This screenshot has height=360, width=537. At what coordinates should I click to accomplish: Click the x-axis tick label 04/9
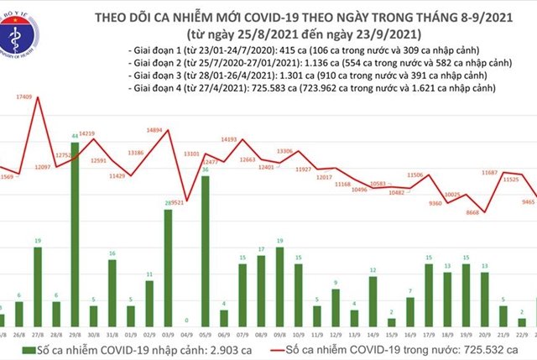pyautogui.click(x=185, y=332)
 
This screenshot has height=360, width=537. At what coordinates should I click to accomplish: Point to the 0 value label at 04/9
pyautogui.click(x=185, y=321)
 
